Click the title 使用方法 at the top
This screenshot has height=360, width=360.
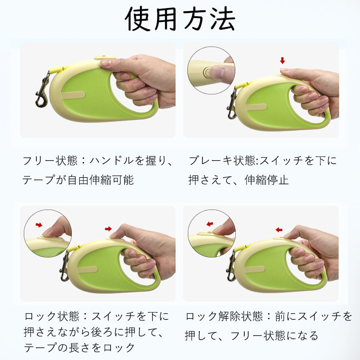click(x=180, y=19)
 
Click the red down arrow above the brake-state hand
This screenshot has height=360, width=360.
click(x=283, y=61)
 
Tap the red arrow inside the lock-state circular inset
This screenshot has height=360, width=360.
click(x=39, y=225)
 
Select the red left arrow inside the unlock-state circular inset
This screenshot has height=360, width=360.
click(x=210, y=224)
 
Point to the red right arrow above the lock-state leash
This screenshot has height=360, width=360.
click(x=108, y=229)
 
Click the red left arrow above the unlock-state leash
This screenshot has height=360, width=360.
click(x=279, y=229)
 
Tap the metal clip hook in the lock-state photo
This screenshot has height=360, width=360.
click(x=64, y=266)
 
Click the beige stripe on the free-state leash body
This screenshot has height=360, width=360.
click(x=73, y=95)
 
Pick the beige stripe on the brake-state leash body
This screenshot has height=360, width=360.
click(x=256, y=107)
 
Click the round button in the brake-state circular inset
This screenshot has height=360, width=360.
click(x=207, y=72)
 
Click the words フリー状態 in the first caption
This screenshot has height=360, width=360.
click(x=50, y=161)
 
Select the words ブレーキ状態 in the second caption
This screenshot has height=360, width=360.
click(x=222, y=161)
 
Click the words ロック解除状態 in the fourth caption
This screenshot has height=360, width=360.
click(x=224, y=316)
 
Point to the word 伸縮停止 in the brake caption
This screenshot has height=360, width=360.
click(x=266, y=180)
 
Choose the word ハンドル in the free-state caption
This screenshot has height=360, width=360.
click(x=112, y=161)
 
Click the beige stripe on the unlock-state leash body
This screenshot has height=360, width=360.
click(x=255, y=269)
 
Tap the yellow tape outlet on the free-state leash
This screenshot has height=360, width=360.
click(x=58, y=69)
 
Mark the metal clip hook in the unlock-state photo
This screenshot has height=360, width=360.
click(x=231, y=266)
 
